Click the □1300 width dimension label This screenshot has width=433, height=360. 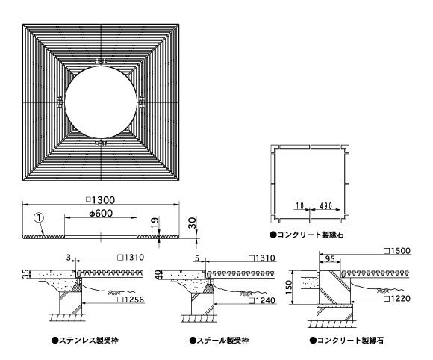pos(101,199)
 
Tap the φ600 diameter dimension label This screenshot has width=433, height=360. pos(101,213)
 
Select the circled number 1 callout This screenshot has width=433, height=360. pos(39,217)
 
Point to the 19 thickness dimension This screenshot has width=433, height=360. pos(155,223)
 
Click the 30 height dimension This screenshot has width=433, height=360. pos(192,223)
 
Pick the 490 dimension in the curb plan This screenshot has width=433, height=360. pos(325,206)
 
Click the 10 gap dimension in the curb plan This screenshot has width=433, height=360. pos(299,206)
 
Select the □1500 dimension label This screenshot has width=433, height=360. pos(397,251)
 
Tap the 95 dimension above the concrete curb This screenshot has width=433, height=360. pos(330,259)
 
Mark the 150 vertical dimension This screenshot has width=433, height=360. pos(289,288)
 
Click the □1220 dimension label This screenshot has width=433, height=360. pos(397,299)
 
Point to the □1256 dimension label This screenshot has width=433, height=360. pos(131,300)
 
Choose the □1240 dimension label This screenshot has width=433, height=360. pos(262,300)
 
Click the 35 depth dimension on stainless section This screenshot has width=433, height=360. pos(25,274)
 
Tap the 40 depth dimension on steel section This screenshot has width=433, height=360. pos(158,274)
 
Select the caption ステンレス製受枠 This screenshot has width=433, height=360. pos(85,340)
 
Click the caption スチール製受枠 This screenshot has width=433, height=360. pos(219,340)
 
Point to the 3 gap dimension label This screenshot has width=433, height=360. pos(69,258)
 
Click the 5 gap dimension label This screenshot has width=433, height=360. pos(197,258)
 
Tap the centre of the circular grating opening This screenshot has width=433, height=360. pos(101,102)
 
